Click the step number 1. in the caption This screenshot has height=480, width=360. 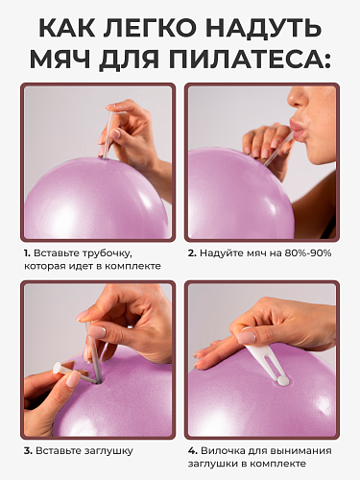point(27,253)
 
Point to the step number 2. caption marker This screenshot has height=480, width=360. point(192,253)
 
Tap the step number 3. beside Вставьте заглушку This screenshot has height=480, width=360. point(28,451)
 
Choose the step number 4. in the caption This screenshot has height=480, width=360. point(193,451)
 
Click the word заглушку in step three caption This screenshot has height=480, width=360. point(108,451)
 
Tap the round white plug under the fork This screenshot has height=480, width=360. point(282,380)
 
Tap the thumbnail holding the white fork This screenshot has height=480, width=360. point(247,338)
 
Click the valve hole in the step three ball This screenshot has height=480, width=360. point(100,380)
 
